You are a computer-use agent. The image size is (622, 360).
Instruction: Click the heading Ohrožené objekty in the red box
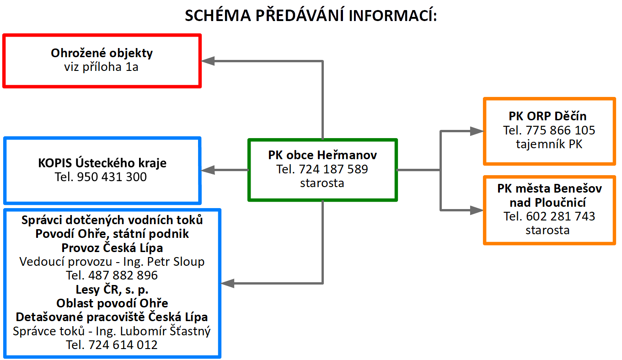(x=102, y=53)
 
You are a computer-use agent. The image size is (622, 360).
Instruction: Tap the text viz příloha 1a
(x=102, y=67)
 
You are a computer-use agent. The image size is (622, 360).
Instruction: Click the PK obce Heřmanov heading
(x=322, y=156)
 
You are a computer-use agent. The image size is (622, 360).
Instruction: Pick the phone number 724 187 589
(x=333, y=169)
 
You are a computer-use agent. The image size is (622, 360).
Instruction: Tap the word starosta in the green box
(x=322, y=183)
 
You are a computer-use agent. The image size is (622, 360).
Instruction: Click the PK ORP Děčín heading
(x=549, y=116)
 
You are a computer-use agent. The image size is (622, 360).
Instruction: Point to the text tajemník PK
(x=549, y=144)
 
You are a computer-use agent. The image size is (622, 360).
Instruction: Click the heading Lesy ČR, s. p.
(x=112, y=289)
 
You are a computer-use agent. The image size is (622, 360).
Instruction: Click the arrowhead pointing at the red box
(x=209, y=60)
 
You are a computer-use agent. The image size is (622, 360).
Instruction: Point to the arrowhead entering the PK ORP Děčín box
(x=477, y=131)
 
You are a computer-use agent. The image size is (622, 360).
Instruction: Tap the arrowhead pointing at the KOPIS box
(x=208, y=170)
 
